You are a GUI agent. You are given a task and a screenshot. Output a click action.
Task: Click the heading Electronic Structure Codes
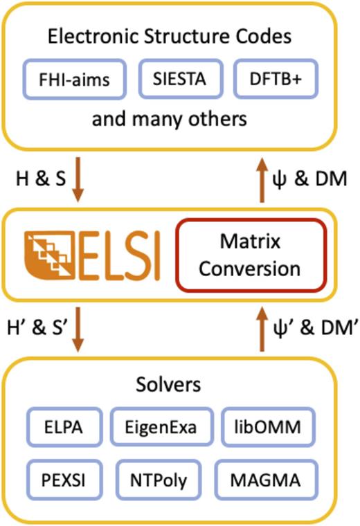pyautogui.click(x=179, y=37)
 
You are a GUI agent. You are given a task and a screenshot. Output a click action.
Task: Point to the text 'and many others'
pyautogui.click(x=179, y=119)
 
